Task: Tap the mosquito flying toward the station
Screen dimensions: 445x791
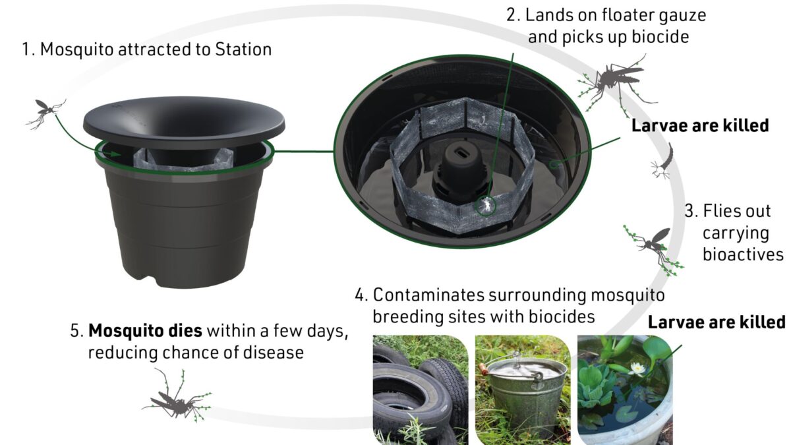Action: tap(44, 111)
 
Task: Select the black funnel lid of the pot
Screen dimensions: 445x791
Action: tap(184, 119)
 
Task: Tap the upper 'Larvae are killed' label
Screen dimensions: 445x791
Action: tap(700, 125)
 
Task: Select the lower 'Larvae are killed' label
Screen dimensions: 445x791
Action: tap(717, 322)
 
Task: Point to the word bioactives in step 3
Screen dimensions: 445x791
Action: tap(742, 254)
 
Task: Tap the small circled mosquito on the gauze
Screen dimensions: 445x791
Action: tap(484, 206)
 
